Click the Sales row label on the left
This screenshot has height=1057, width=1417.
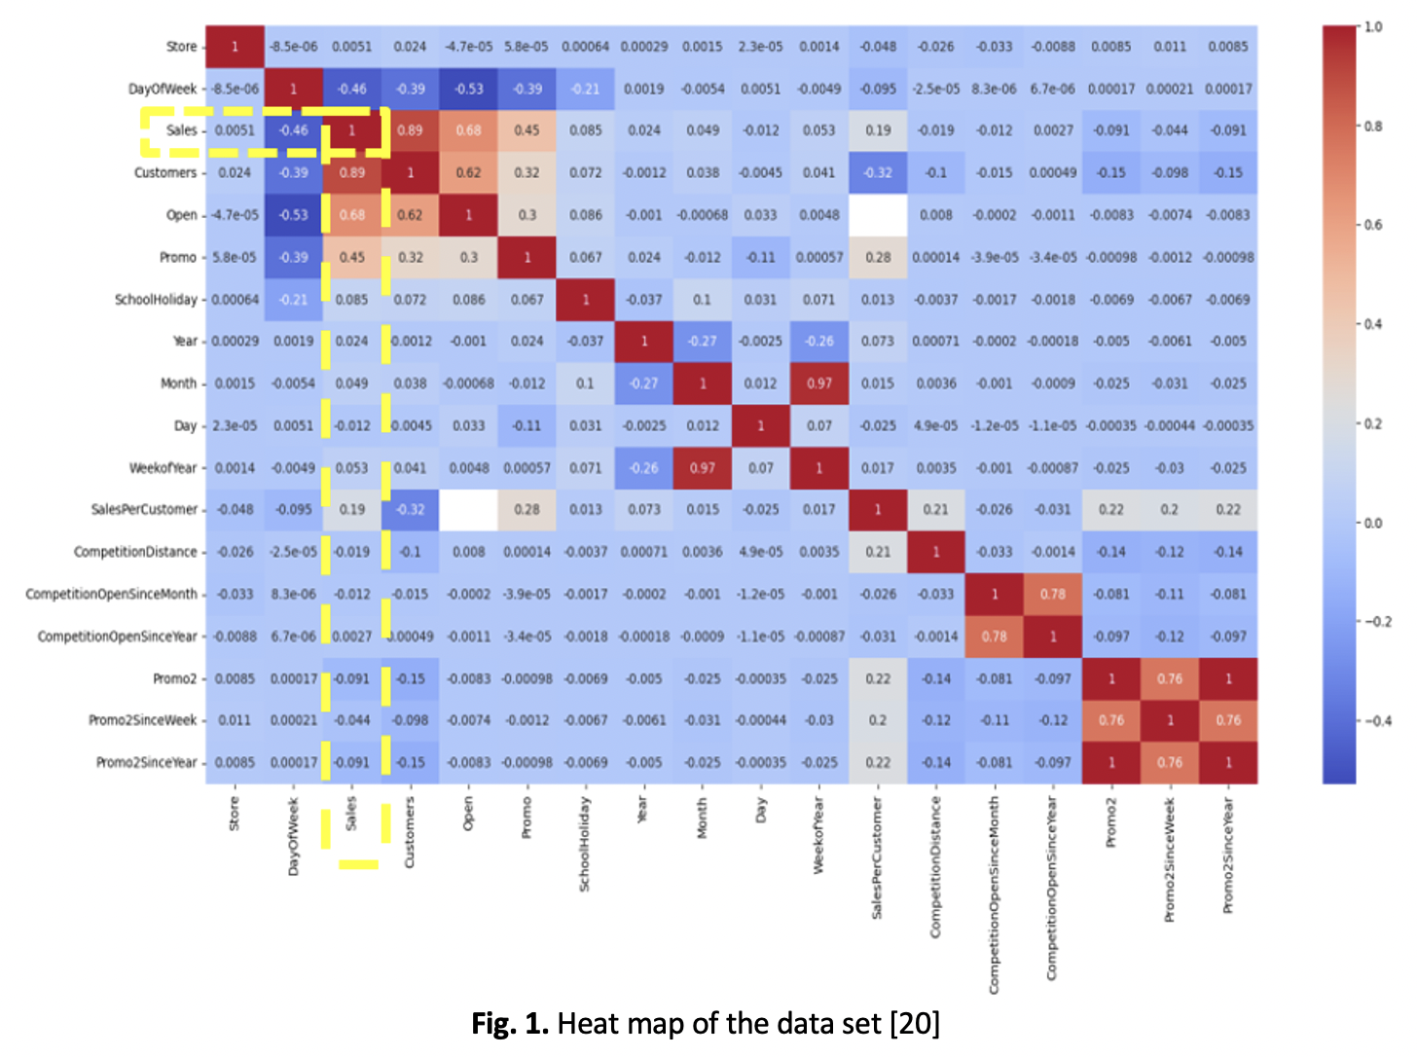181,130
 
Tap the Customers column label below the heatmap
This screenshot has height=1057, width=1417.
410,832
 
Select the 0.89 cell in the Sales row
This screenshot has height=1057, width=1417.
410,130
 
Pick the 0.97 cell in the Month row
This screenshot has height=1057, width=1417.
819,383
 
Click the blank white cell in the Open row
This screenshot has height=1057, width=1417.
878,215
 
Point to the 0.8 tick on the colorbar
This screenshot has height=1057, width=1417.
1372,127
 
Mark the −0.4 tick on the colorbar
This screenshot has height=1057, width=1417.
1377,721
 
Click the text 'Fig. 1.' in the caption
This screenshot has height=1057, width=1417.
510,1024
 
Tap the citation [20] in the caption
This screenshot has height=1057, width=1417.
914,1024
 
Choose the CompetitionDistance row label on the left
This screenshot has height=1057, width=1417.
135,552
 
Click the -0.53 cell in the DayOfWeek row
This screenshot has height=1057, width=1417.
468,89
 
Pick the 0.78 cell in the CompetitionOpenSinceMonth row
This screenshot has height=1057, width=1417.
1053,594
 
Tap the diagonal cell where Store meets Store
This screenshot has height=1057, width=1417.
235,47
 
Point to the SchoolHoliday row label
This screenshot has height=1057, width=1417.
156,300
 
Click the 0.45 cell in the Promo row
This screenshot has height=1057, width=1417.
351,257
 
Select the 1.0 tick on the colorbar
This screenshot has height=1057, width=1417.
1372,27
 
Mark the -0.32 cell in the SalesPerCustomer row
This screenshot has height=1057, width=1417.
410,509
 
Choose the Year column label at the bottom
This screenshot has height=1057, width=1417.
643,811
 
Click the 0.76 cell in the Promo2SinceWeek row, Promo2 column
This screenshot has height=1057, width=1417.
1111,720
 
